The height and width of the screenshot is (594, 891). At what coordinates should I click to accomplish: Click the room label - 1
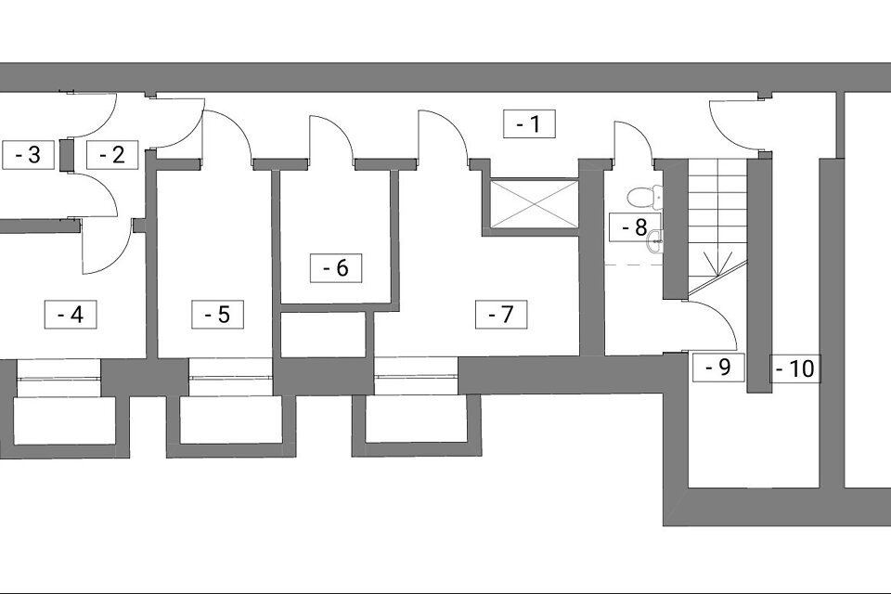point(529,124)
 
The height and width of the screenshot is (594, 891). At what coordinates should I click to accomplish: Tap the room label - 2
point(112,154)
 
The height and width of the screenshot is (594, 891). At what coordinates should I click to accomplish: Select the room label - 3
point(28,154)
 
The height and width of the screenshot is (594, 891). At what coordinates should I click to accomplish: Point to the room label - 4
point(71,315)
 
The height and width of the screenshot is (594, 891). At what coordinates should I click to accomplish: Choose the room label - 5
point(217,315)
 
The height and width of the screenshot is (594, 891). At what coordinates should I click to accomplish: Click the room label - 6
point(336,267)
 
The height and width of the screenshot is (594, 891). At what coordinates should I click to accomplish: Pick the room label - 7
point(501,315)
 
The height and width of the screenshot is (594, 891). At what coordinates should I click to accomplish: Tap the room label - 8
point(635,227)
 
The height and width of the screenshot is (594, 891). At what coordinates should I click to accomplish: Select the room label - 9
point(718,368)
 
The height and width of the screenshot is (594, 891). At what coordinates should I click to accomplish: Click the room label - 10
point(795,368)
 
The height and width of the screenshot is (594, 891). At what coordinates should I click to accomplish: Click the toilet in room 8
point(645,196)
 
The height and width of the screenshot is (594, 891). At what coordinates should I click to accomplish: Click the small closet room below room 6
point(323,335)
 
